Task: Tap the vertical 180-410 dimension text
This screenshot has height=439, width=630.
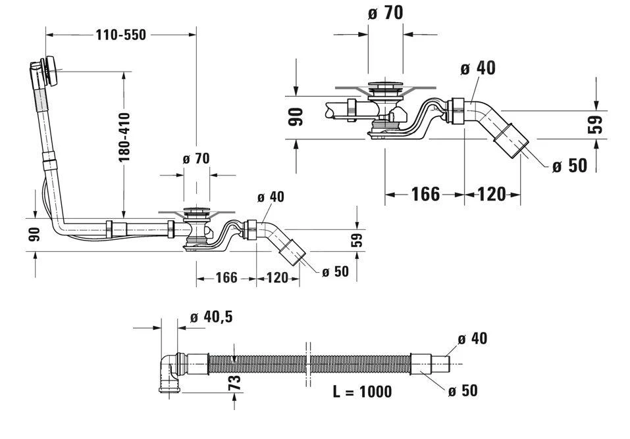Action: click(125, 137)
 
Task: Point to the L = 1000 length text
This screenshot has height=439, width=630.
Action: click(362, 392)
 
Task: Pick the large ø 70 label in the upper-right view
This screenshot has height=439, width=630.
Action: click(385, 12)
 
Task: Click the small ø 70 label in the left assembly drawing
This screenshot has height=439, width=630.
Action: click(196, 158)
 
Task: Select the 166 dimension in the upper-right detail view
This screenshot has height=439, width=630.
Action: click(425, 194)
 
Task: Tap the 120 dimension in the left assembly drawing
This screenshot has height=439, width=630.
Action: click(277, 278)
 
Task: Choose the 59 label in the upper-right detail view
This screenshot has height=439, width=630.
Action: click(594, 125)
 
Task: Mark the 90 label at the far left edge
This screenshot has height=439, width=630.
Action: click(34, 233)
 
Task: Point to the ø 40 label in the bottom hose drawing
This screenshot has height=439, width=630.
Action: click(471, 338)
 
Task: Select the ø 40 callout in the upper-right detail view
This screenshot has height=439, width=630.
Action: click(478, 68)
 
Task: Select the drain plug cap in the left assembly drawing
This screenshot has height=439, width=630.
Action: click(196, 212)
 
